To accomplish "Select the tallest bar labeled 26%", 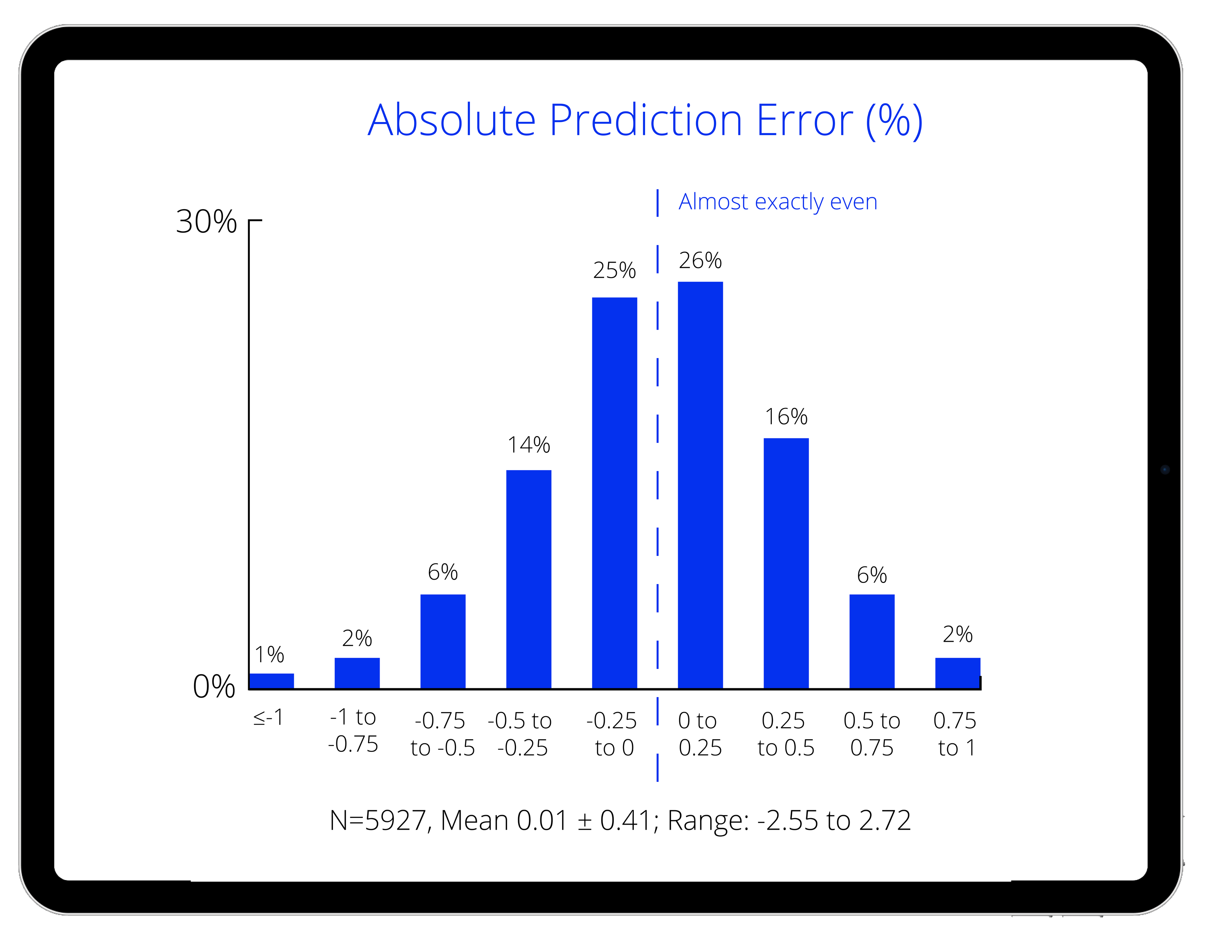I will click(700, 485).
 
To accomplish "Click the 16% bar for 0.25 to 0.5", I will click(786, 563).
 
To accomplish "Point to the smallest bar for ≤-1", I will click(271, 680).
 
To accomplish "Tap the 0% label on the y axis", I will click(214, 687).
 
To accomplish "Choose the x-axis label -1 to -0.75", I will click(353, 730).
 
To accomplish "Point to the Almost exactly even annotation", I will click(778, 202).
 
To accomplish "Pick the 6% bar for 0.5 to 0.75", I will click(872, 641).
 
